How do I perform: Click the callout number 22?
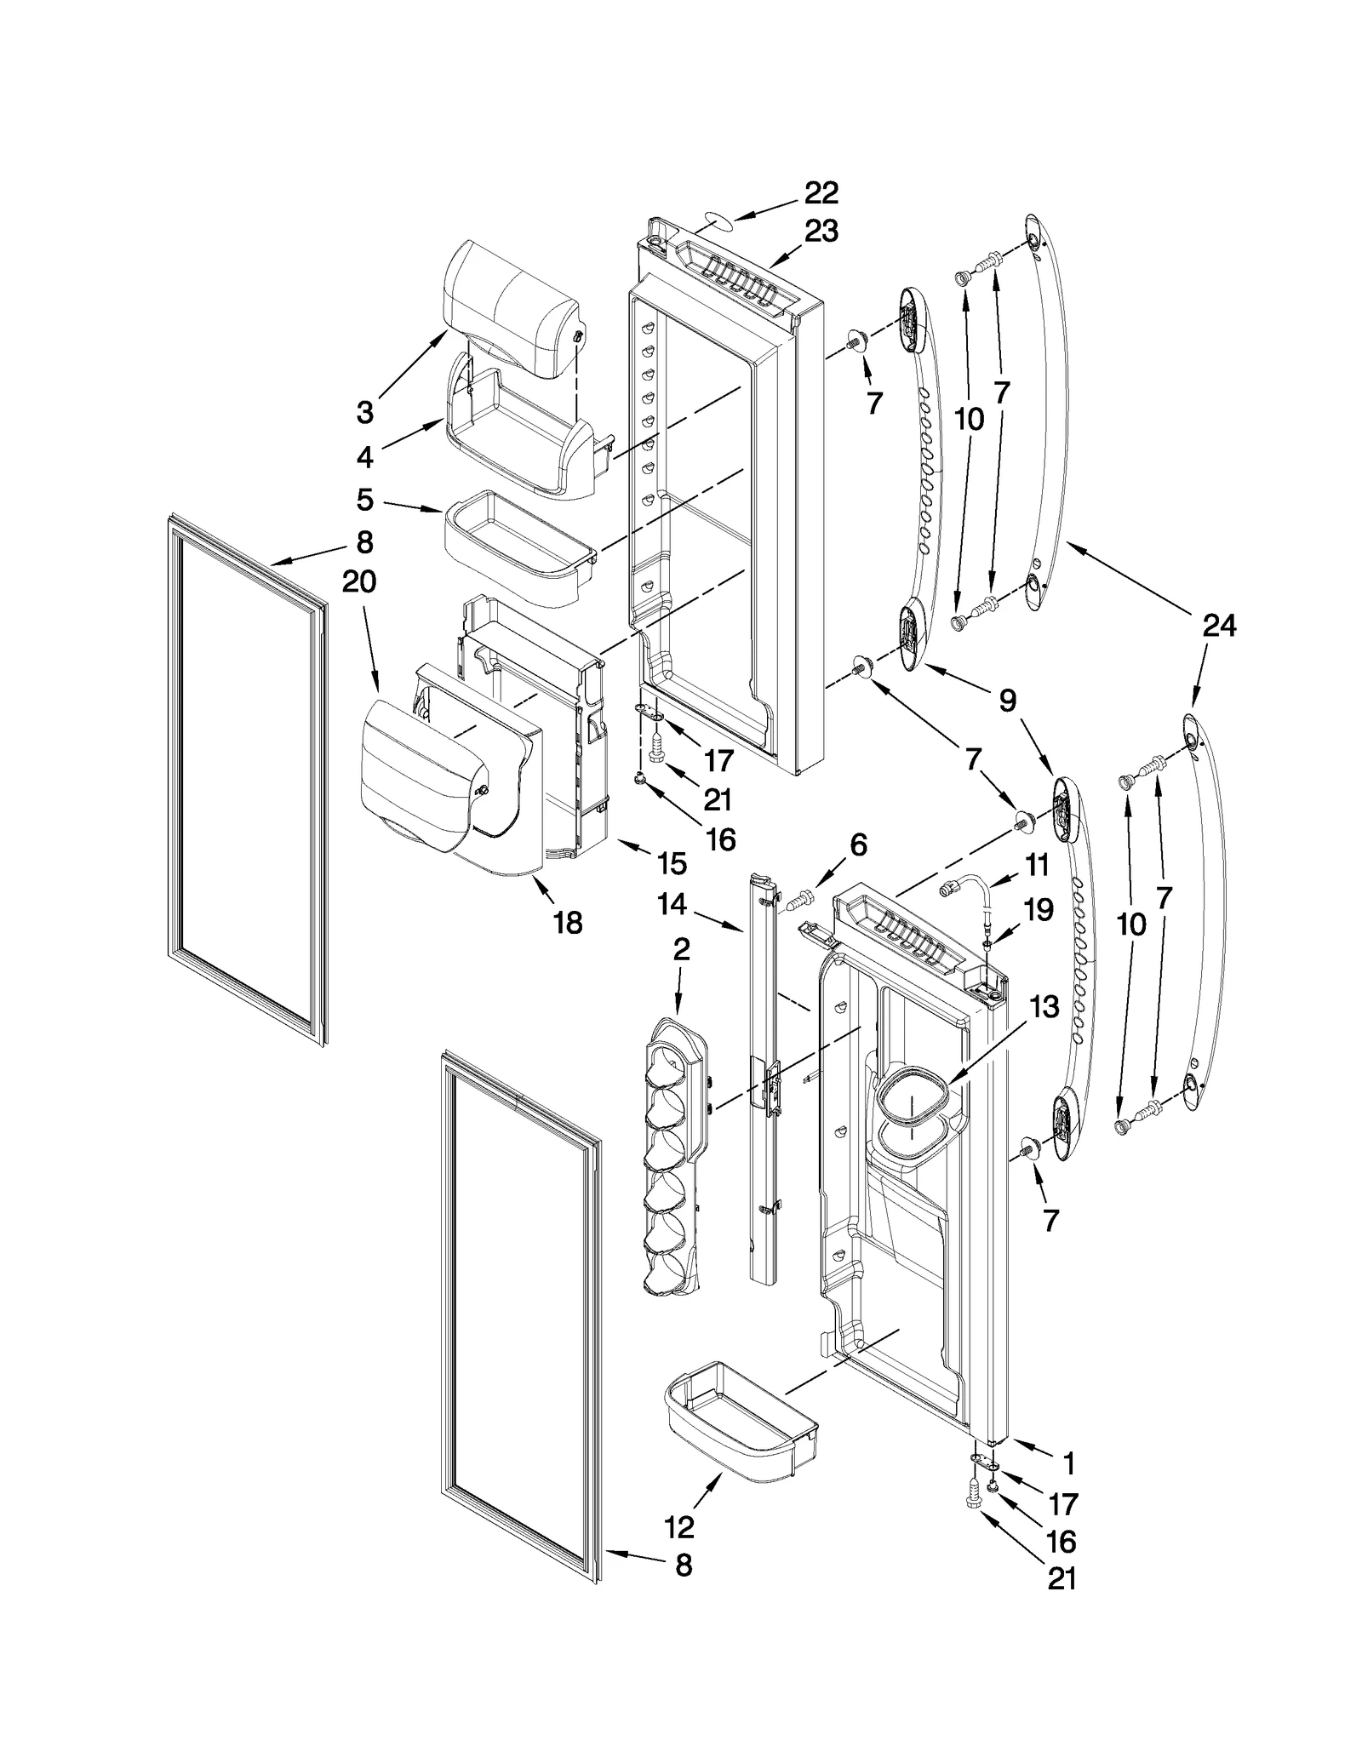(x=821, y=193)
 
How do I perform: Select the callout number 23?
(x=821, y=231)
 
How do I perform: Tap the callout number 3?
(x=364, y=413)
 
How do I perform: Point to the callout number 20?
(x=359, y=582)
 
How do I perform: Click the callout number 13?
(x=1044, y=1006)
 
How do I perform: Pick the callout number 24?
(x=1219, y=627)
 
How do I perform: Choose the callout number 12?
(x=678, y=1527)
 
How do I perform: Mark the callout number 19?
(x=1039, y=910)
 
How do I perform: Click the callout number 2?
(x=680, y=950)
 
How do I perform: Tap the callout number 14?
(x=672, y=904)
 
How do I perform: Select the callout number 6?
(x=857, y=844)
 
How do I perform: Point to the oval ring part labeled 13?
(x=911, y=1115)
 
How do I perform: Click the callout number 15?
(x=672, y=863)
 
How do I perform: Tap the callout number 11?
(x=1036, y=865)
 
